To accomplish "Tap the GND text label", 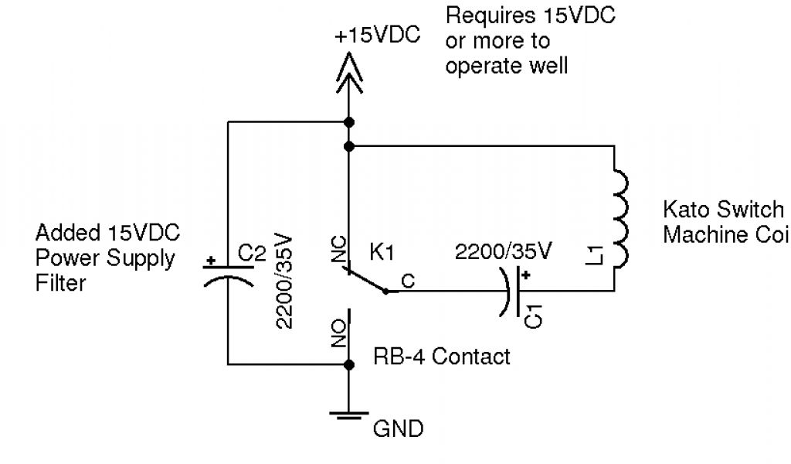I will pos(399,428).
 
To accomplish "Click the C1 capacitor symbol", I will pos(513,292).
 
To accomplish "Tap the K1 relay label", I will pos(383,251).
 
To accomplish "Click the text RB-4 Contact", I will pos(442,357).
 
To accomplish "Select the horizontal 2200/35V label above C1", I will pos(503,251).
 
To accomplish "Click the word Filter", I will pos(61,283).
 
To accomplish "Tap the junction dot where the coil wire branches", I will pos(348,145).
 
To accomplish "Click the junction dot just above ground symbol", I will pos(348,363).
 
